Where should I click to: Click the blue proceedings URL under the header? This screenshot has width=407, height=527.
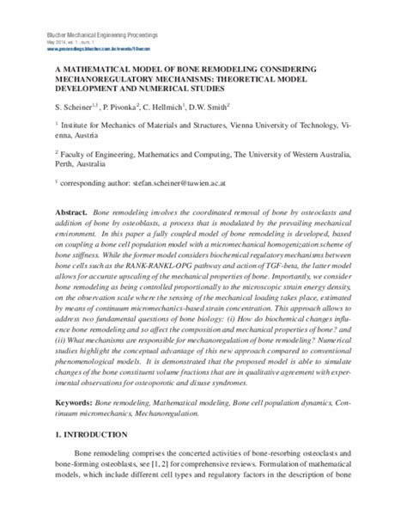(95, 48)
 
